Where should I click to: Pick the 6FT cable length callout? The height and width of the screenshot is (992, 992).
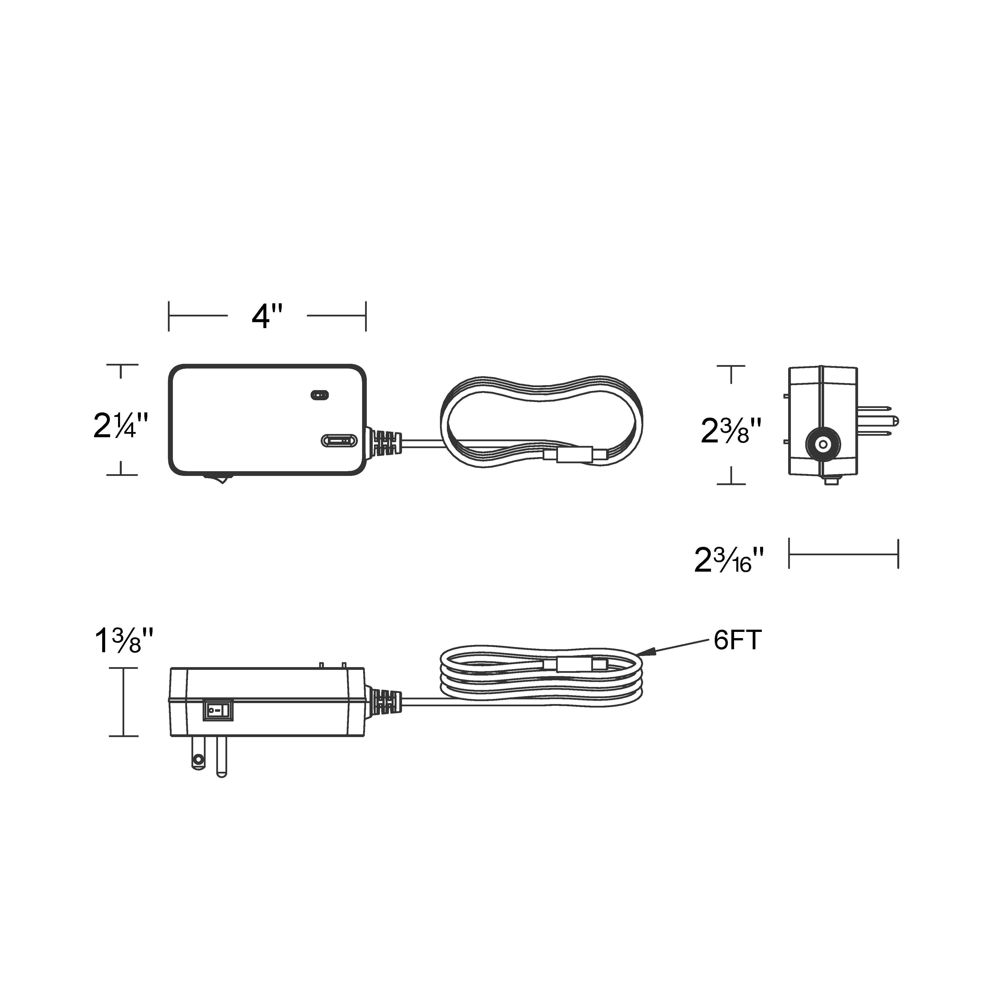pos(737,640)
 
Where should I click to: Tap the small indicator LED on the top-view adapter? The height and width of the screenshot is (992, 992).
pos(319,395)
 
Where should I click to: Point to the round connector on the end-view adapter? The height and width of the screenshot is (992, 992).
pos(823,444)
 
